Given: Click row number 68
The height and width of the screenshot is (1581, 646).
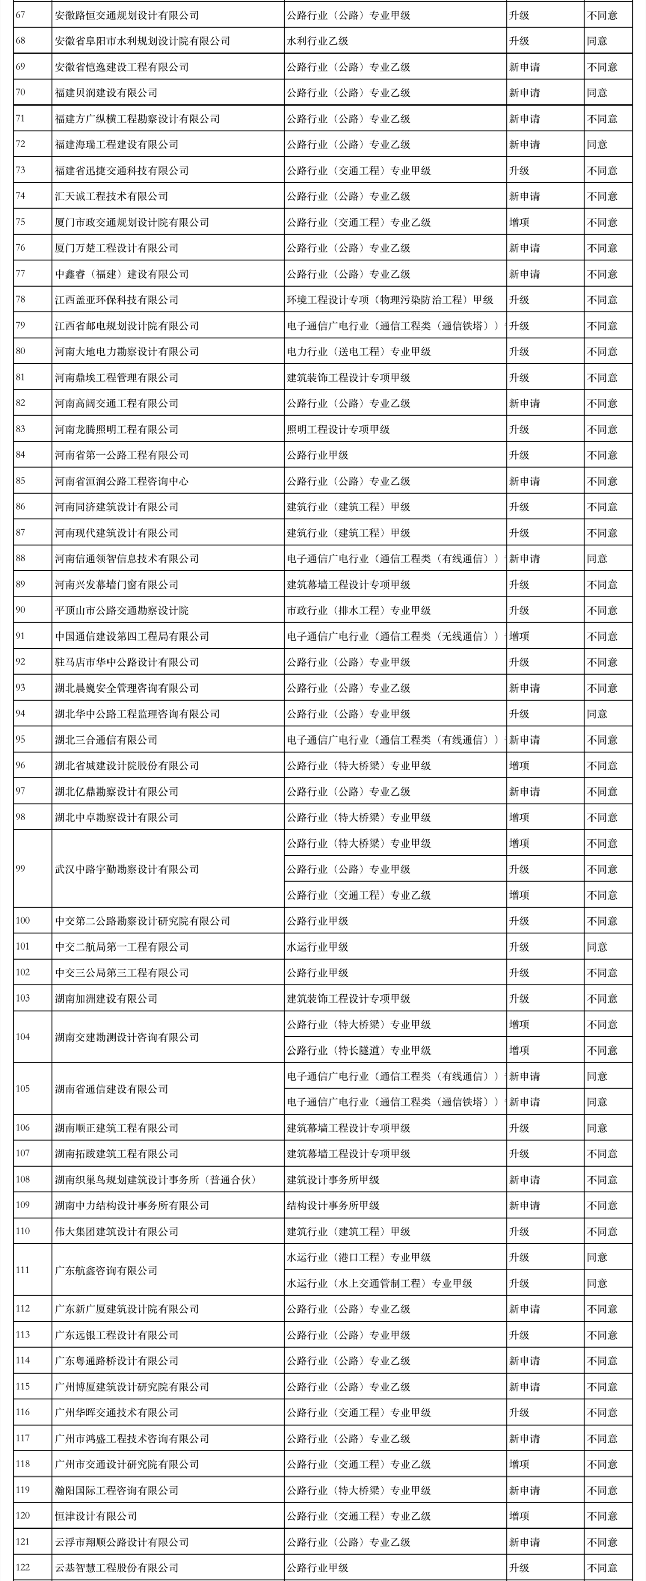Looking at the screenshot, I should [20, 41].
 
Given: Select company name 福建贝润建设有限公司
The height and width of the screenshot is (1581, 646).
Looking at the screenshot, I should [105, 93].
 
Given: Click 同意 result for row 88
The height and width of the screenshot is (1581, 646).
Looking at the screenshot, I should [597, 558].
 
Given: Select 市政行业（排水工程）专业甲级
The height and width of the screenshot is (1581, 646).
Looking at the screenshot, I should [359, 611].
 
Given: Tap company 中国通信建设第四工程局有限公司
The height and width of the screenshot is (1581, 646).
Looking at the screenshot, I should [131, 637].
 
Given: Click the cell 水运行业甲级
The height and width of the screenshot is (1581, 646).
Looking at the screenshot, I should [317, 947].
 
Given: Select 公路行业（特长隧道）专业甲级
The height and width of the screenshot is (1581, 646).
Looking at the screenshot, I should [359, 1050].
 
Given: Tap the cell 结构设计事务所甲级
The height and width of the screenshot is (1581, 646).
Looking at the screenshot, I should [333, 1205].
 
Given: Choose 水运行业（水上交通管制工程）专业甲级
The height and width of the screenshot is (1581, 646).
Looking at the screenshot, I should [380, 1283].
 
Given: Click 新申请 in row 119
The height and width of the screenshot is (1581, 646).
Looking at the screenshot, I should [524, 1490].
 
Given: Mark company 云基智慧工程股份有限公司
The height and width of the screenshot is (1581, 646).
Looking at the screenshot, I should [116, 1567].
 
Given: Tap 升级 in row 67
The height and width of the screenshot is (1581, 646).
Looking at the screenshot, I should [519, 15].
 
